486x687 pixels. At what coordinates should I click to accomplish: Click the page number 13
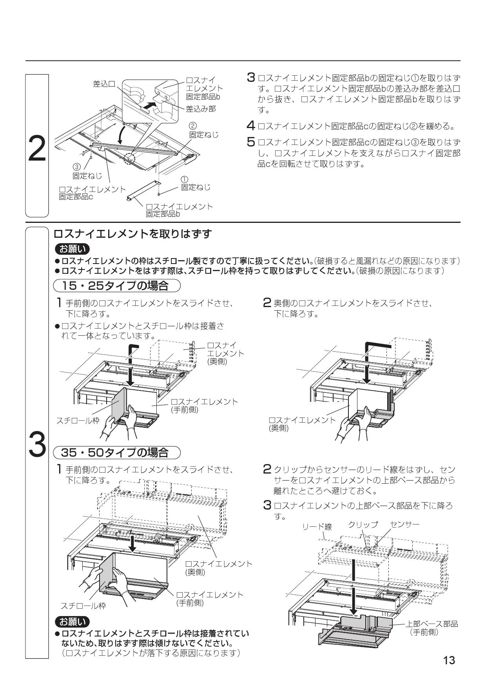(449, 660)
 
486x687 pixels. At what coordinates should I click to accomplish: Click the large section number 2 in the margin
(37, 148)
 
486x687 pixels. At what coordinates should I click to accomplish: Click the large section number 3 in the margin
(37, 444)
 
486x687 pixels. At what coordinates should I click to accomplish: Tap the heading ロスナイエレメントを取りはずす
(132, 234)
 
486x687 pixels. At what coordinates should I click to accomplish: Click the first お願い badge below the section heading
(73, 249)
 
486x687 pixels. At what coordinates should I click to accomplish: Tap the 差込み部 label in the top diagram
(201, 108)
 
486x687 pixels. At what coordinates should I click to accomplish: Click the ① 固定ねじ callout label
(195, 184)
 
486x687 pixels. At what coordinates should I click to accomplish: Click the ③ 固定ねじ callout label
(87, 172)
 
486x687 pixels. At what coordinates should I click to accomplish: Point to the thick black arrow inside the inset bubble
(147, 105)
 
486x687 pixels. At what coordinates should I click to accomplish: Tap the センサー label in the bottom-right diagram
(404, 524)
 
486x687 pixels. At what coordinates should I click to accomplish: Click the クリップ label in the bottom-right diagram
(363, 524)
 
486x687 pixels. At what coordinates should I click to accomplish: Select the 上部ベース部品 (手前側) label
(431, 628)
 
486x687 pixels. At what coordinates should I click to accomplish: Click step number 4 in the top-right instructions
(251, 126)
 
